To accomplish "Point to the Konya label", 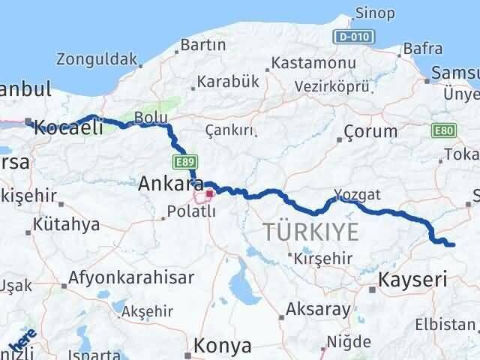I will click(222, 346).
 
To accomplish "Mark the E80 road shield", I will click(442, 131).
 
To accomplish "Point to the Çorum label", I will click(370, 131).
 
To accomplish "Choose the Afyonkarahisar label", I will click(130, 277).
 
